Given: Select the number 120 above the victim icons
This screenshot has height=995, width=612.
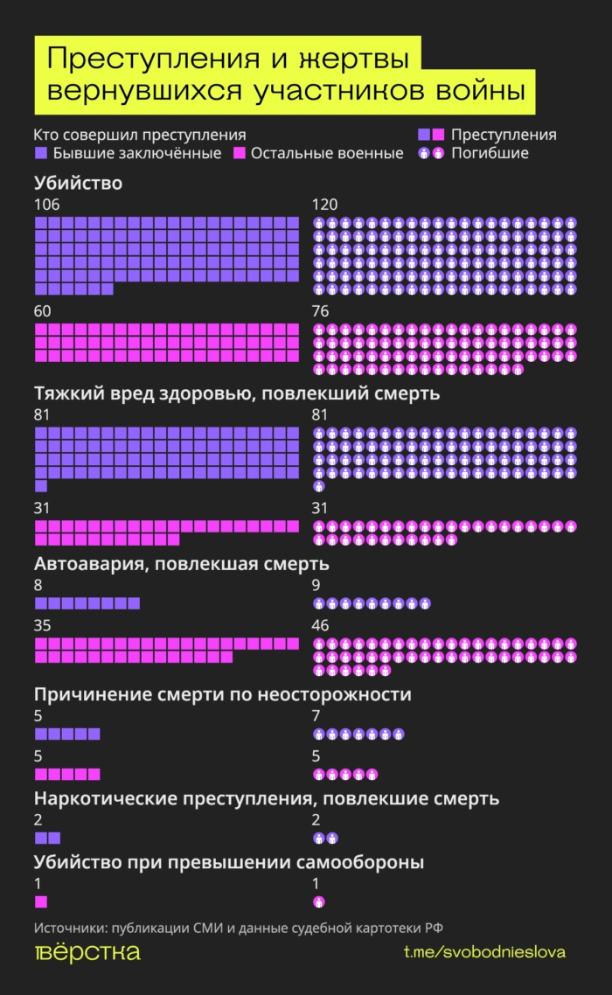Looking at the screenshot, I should pyautogui.click(x=325, y=205).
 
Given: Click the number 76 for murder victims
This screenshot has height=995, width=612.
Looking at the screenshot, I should pyautogui.click(x=322, y=311).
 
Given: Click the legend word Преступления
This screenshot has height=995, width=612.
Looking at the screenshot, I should pyautogui.click(x=504, y=135).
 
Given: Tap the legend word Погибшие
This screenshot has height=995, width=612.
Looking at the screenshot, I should pyautogui.click(x=490, y=154).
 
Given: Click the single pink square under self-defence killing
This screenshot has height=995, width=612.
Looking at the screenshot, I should pyautogui.click(x=41, y=901).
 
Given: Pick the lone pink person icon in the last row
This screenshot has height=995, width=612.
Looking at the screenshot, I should pyautogui.click(x=319, y=901).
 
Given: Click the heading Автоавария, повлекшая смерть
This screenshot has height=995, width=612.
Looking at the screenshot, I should pyautogui.click(x=181, y=564).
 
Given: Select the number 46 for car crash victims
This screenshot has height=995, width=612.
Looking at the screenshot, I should pyautogui.click(x=322, y=626).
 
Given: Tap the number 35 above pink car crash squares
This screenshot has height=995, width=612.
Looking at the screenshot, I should pyautogui.click(x=43, y=626).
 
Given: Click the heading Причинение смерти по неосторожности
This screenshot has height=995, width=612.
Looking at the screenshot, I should pyautogui.click(x=222, y=695).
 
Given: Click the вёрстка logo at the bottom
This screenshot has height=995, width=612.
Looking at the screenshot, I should pyautogui.click(x=87, y=953).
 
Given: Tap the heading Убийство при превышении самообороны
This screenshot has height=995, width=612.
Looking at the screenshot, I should pyautogui.click(x=229, y=862).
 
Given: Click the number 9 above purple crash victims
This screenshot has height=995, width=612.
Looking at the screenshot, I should pyautogui.click(x=316, y=585).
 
